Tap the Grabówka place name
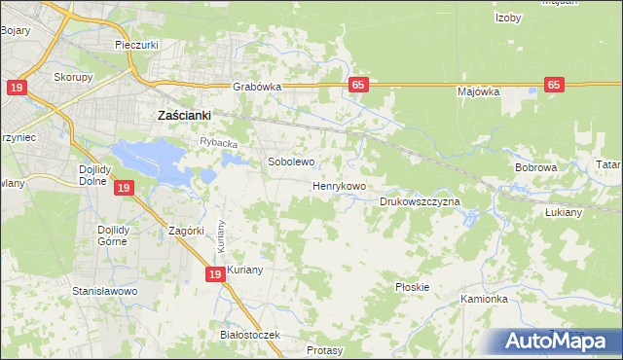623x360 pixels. point(257,87)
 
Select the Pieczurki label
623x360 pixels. point(136,46)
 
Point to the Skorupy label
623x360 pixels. point(73,77)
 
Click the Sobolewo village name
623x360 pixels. point(291,162)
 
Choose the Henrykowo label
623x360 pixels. point(339,185)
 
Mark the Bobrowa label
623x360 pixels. point(535,167)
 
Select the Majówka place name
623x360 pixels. point(478,92)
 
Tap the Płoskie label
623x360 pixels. point(413,287)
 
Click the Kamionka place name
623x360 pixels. point(485,299)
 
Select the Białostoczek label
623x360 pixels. point(250,335)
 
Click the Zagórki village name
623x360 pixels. point(186,232)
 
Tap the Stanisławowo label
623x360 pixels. point(106,291)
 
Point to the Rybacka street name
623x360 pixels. point(219,143)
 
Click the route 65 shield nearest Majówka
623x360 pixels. point(555,86)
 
